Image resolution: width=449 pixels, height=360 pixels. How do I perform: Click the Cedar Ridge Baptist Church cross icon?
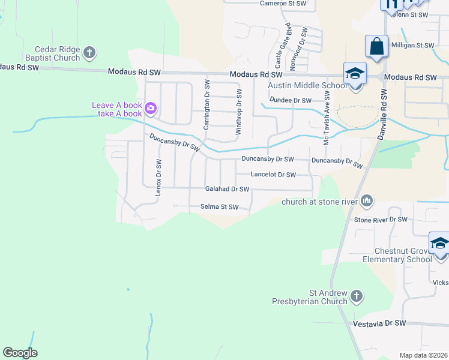pos(89,53)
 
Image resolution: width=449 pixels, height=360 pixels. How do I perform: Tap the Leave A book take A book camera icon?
pos(150,109)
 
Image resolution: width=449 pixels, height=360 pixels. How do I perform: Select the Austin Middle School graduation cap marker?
pos(355,74)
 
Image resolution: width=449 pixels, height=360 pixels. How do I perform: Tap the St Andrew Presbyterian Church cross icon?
pos(357,296)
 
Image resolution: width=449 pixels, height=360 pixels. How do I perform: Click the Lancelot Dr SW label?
pos(273,175)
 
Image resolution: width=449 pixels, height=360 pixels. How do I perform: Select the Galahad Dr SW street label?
pos(227,189)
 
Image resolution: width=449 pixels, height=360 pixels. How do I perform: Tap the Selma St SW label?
pos(219,208)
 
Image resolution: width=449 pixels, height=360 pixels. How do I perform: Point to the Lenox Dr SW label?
pos(159,178)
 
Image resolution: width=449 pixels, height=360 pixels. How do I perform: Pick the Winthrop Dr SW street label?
pos(238,111)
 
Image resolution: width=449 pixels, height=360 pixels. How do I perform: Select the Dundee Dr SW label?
pos(291,100)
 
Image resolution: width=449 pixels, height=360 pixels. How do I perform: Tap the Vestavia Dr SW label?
pos(379,323)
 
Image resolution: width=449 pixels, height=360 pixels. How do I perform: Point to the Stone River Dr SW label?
pos(381,220)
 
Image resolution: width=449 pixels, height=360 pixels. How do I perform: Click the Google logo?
pos(20,353)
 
